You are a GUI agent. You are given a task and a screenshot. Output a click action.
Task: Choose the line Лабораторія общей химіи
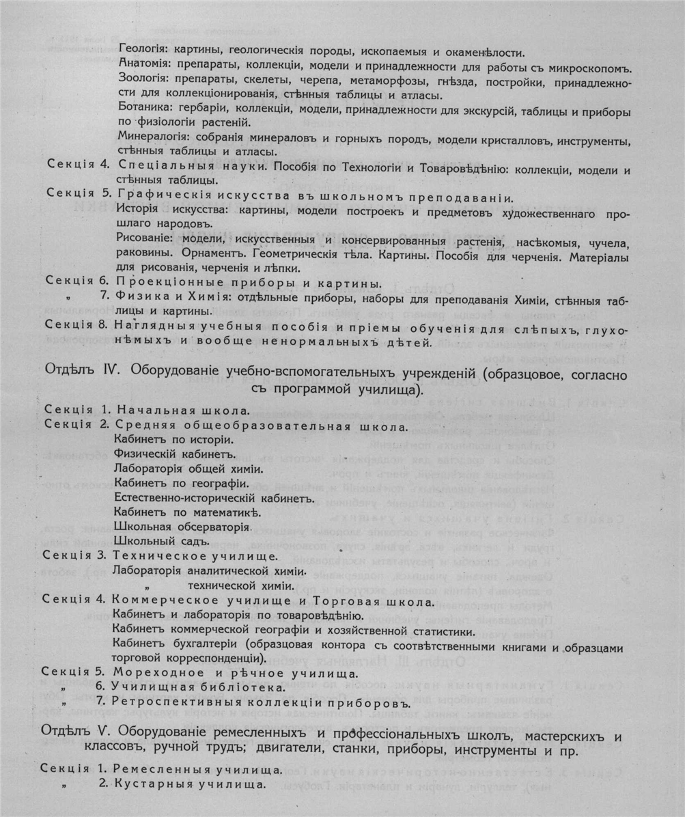click(189, 469)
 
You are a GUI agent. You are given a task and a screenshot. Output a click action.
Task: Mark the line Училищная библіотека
click(197, 685)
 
